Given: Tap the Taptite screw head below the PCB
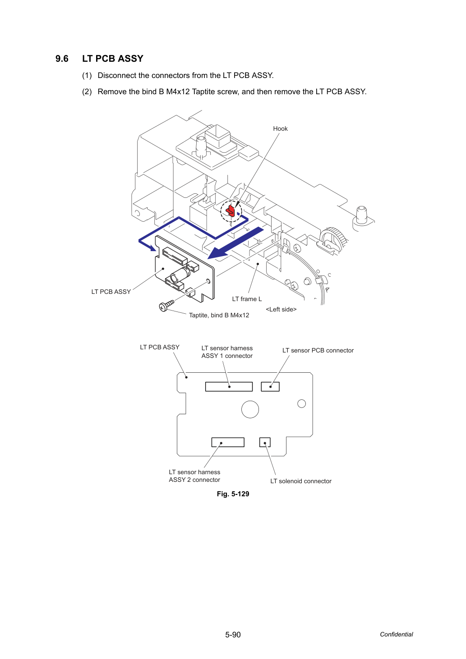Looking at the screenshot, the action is [x=163, y=307].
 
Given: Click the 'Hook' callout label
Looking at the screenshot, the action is [x=280, y=128].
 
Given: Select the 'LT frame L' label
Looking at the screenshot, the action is [x=247, y=299].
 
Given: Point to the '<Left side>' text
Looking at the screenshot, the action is [x=281, y=309].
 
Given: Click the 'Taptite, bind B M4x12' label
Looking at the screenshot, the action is [x=219, y=315].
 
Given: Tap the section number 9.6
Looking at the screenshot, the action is [x=62, y=59].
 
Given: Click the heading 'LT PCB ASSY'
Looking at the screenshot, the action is [x=113, y=59].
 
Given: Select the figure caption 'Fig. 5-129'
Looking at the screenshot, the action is [x=233, y=494].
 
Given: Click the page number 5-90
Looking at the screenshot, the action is [x=233, y=635].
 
